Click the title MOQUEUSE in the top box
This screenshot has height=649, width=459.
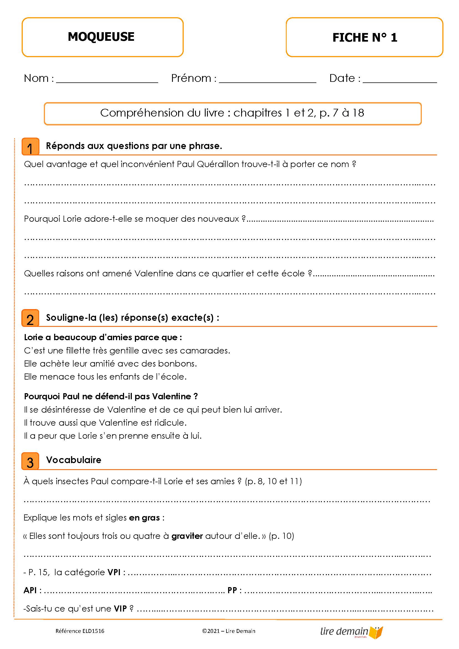point(101,37)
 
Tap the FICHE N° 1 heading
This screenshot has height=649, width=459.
point(365,37)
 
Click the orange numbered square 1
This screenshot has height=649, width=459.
point(30,147)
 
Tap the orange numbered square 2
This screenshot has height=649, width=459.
point(30,319)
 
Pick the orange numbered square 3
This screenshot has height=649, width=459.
point(30,462)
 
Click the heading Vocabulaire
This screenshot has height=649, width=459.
point(74,460)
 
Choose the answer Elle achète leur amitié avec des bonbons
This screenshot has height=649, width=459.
point(110,363)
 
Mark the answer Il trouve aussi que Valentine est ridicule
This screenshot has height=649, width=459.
point(105,423)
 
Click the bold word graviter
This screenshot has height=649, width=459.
point(187,536)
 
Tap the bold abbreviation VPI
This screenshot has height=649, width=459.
point(114,572)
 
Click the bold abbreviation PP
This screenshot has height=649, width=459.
point(232,590)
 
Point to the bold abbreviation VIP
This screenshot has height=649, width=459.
point(120,608)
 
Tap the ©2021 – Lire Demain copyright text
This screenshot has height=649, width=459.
point(228,631)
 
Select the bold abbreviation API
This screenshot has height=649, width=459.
point(30,590)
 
